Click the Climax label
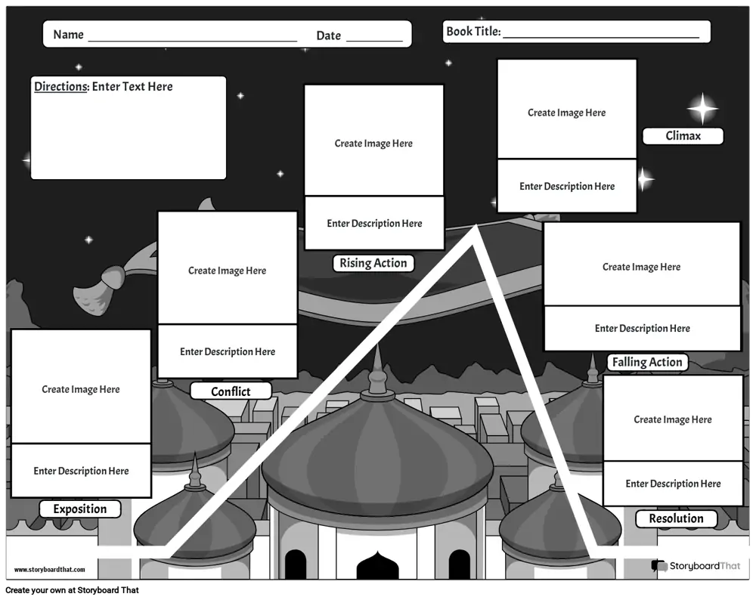coord(683,136)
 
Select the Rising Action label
coord(373,263)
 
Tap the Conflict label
coord(231,391)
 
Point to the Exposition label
coord(80,509)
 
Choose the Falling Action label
coord(647,362)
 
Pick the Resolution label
coord(676,518)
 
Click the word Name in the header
coord(69,35)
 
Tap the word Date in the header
coord(329,36)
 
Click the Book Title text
coord(473,31)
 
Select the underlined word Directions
coord(61,86)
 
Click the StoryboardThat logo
coord(696,566)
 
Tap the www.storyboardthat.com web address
coord(50,570)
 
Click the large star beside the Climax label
coord(702,108)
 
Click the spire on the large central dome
coord(377,371)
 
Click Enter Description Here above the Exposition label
coord(81,471)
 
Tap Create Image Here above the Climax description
coord(566,113)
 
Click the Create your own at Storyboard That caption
coord(73,590)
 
